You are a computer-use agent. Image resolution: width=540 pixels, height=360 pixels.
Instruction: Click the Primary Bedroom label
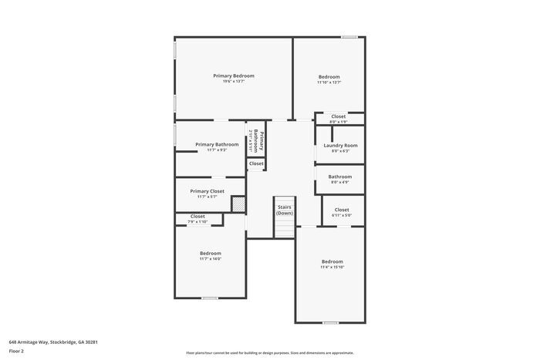pyautogui.click(x=234, y=76)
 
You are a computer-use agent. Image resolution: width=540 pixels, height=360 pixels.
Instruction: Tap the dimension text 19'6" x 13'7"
pyautogui.click(x=234, y=82)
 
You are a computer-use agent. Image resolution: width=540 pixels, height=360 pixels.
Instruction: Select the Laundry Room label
pyautogui.click(x=339, y=145)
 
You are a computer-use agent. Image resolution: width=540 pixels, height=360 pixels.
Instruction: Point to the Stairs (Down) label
pyautogui.click(x=285, y=210)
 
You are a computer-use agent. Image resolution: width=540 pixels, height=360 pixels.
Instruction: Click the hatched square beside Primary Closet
pyautogui.click(x=238, y=204)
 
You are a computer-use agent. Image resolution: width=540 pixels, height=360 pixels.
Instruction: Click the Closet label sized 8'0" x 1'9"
pyautogui.click(x=339, y=116)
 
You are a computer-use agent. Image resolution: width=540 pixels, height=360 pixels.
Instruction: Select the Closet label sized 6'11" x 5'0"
pyautogui.click(x=342, y=210)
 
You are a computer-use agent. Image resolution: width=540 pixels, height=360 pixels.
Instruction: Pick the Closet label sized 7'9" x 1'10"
pyautogui.click(x=198, y=217)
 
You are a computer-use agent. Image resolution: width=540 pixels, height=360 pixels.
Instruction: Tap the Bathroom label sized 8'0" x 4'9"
pyautogui.click(x=340, y=177)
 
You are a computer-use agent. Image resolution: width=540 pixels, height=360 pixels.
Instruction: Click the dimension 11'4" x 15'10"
pyautogui.click(x=332, y=267)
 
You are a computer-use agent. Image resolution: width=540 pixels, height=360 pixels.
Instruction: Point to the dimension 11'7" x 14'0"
pyautogui.click(x=211, y=259)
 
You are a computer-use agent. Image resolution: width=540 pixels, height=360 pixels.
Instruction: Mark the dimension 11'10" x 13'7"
pyautogui.click(x=329, y=82)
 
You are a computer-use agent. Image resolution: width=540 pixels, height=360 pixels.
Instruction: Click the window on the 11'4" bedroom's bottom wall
pyautogui.click(x=331, y=322)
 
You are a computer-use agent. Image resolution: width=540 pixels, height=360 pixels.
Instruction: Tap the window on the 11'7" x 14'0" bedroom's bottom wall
pyautogui.click(x=209, y=298)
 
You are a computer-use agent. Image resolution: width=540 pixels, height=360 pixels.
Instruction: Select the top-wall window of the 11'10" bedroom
pyautogui.click(x=349, y=37)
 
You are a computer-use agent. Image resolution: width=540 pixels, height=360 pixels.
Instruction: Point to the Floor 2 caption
pyautogui.click(x=17, y=351)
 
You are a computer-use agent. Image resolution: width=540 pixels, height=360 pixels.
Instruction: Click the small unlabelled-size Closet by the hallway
pyautogui.click(x=256, y=163)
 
